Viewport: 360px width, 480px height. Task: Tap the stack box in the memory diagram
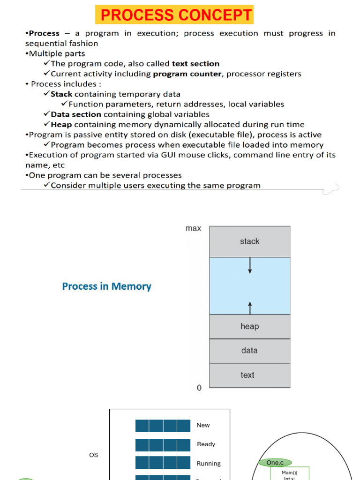[x=249, y=241]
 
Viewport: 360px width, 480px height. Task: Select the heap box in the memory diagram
[x=249, y=326]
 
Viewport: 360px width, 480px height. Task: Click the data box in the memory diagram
[x=249, y=351]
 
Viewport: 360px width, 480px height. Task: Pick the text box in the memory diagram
[x=247, y=375]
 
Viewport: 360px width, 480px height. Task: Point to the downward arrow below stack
[x=250, y=266]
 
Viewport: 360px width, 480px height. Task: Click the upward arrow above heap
[x=250, y=307]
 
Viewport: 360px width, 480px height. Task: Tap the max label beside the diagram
[x=193, y=228]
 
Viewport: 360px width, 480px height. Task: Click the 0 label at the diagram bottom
[x=199, y=388]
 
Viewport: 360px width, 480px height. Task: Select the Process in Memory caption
[x=107, y=286]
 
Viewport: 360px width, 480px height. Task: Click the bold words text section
[x=195, y=63]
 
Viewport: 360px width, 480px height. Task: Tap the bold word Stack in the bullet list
[x=61, y=94]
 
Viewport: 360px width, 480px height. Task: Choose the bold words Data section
[x=76, y=114]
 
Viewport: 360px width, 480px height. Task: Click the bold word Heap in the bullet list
[x=61, y=124]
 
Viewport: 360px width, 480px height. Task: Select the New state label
[x=203, y=425]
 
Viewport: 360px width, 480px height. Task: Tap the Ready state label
[x=206, y=444]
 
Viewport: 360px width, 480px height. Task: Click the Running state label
[x=209, y=464]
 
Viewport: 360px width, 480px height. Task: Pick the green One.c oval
[x=275, y=463]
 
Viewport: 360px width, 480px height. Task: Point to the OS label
[x=94, y=455]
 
